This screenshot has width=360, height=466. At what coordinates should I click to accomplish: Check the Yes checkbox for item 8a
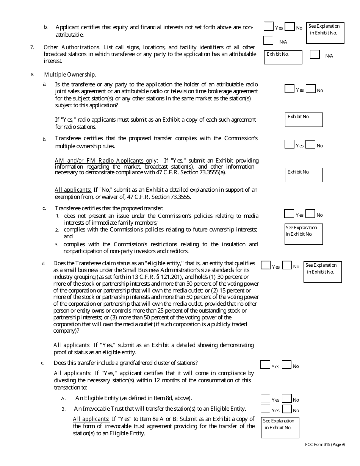click(290, 89)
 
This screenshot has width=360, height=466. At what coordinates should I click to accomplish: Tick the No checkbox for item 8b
click(310, 144)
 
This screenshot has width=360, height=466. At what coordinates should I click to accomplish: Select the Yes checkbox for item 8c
click(289, 214)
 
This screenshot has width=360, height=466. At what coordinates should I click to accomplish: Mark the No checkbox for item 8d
click(287, 265)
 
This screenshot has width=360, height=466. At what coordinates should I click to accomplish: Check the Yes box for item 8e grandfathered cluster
click(265, 365)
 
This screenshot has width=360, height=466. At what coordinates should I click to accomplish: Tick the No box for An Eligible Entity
click(287, 399)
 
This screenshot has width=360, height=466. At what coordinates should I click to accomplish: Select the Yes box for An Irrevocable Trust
click(265, 409)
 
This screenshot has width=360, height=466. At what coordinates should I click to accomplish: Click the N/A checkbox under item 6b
click(268, 40)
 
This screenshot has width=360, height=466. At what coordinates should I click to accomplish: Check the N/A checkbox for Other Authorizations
click(315, 55)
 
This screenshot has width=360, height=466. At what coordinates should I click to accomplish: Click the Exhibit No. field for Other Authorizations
click(283, 58)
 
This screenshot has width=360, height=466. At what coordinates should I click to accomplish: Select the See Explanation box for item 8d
click(322, 272)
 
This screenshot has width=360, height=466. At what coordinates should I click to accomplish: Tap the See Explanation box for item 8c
click(304, 234)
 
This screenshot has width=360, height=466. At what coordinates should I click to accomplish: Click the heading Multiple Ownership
click(70, 75)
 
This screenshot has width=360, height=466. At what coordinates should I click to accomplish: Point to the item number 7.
click(32, 47)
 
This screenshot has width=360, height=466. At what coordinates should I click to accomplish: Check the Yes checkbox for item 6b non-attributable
click(268, 27)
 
